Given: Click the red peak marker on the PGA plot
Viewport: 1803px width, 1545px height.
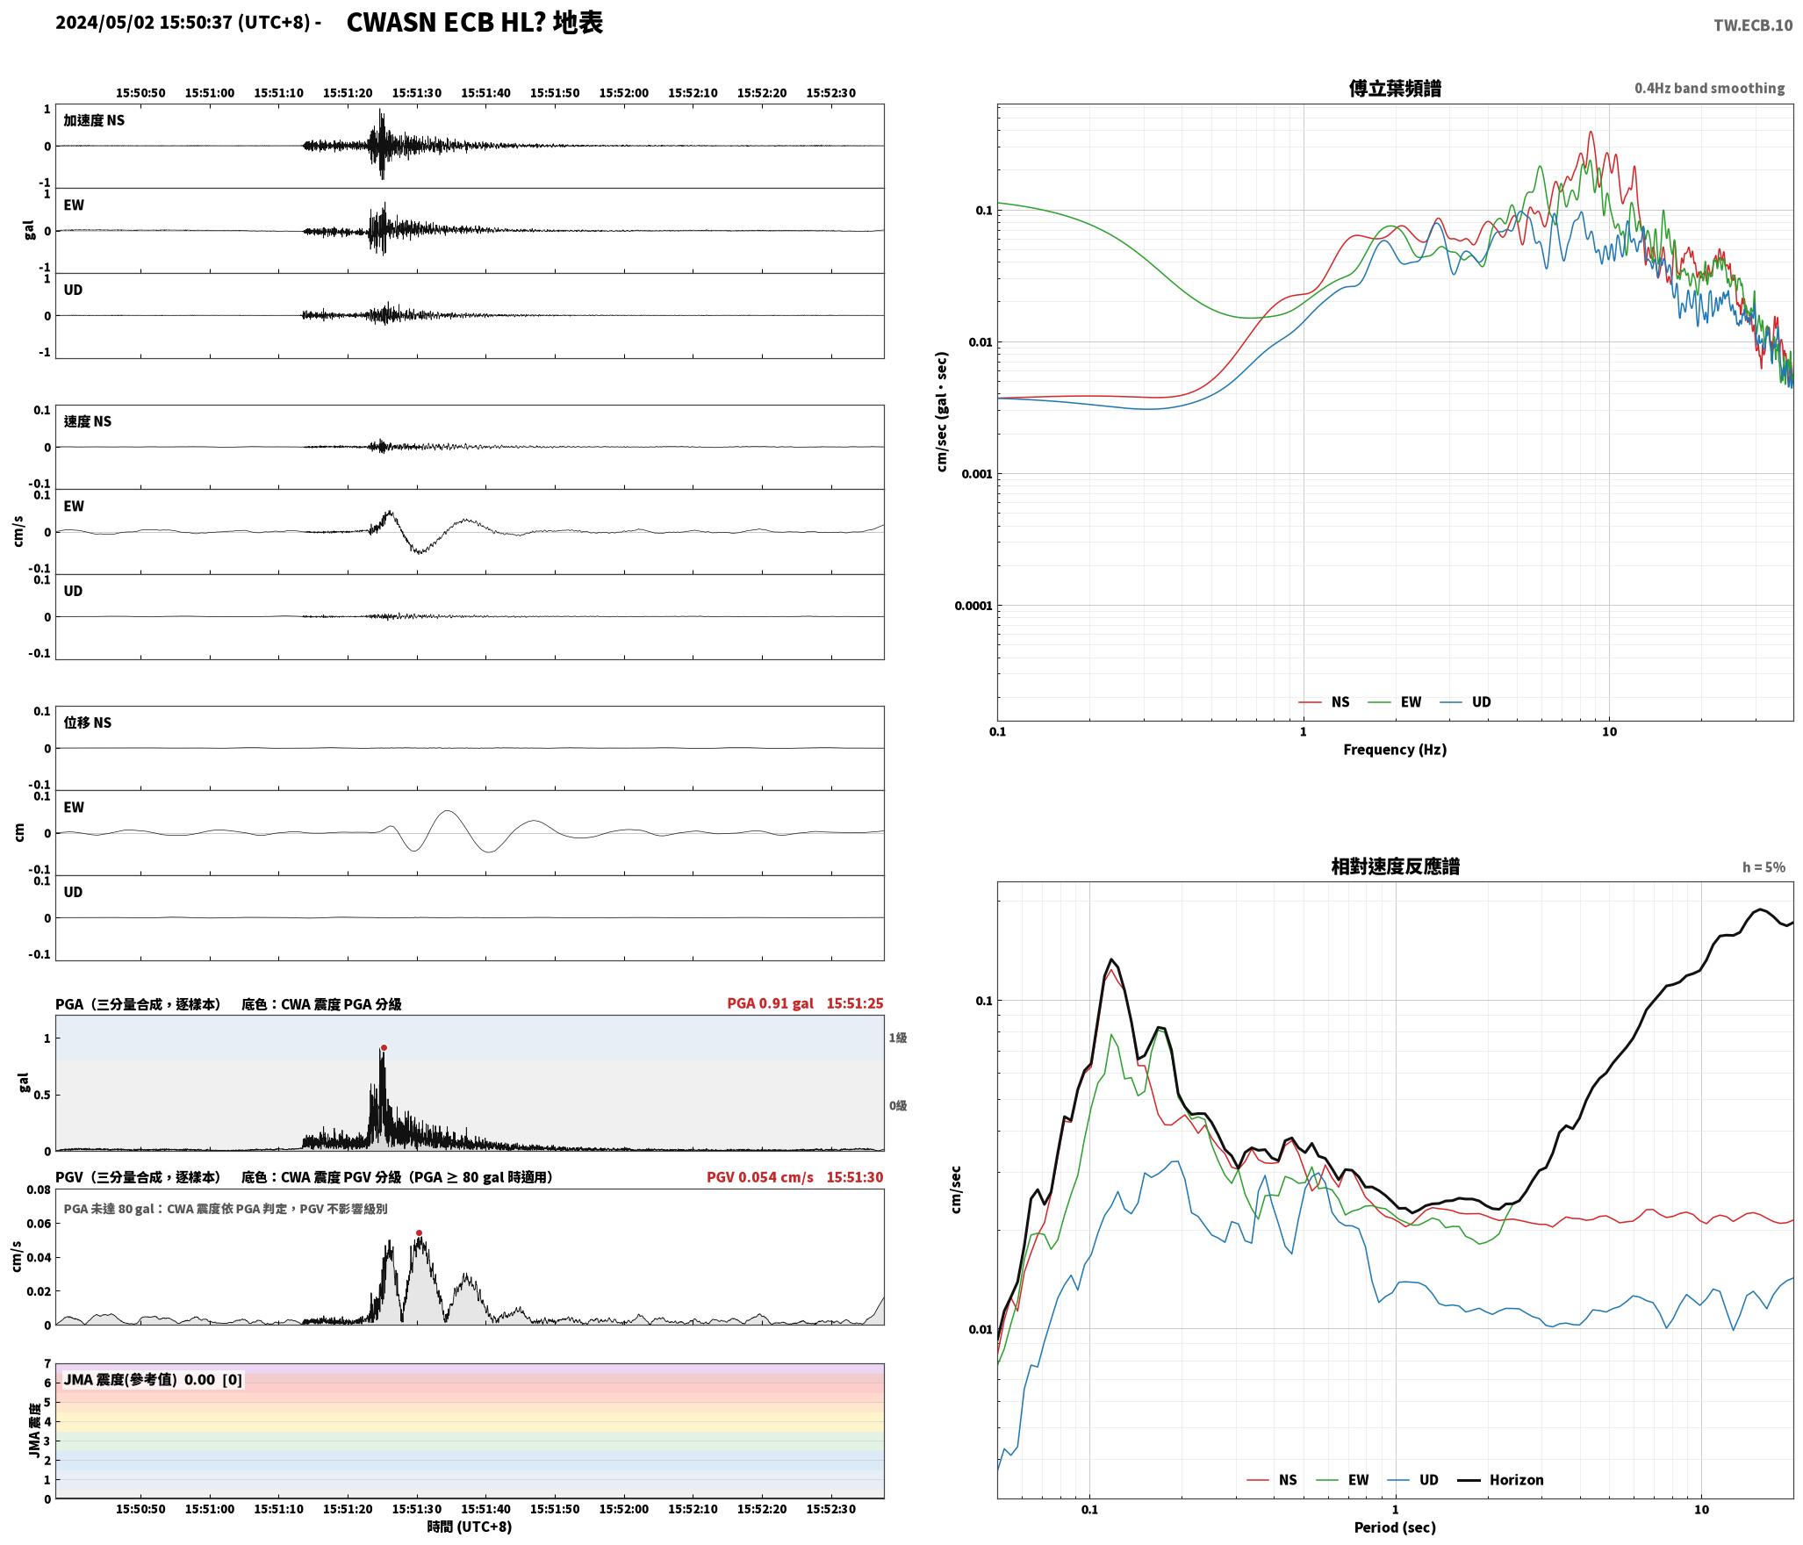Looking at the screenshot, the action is pyautogui.click(x=384, y=1047).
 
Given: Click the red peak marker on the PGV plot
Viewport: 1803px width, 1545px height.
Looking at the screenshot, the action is pyautogui.click(x=419, y=1233).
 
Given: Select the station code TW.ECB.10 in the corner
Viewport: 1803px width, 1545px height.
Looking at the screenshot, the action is pyautogui.click(x=1753, y=25).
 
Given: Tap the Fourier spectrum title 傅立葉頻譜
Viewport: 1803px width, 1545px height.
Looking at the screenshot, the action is pyautogui.click(x=1395, y=88).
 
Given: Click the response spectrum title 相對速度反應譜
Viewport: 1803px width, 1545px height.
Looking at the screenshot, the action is pyautogui.click(x=1395, y=866).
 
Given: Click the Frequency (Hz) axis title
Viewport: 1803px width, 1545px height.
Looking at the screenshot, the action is pyautogui.click(x=1395, y=750).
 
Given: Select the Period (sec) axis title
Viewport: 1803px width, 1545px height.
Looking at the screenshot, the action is pyautogui.click(x=1395, y=1527).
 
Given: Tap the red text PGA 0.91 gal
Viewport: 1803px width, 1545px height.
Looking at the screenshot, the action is pyautogui.click(x=770, y=1003).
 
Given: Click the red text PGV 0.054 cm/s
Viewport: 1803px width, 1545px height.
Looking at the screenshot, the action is pyautogui.click(x=760, y=1177).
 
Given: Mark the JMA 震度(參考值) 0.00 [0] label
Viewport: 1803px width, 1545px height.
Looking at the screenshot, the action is pyautogui.click(x=153, y=1380).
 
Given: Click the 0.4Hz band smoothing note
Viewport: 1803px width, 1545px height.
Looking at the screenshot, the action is pyautogui.click(x=1709, y=89).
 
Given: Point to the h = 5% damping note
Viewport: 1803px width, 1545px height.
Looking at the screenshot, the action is pyautogui.click(x=1763, y=867).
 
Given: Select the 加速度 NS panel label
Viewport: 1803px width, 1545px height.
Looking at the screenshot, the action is pyautogui.click(x=94, y=120).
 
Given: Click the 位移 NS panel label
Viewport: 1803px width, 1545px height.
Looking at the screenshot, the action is pyautogui.click(x=88, y=722).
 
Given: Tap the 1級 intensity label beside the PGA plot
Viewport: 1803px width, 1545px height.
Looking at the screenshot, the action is pyautogui.click(x=898, y=1038).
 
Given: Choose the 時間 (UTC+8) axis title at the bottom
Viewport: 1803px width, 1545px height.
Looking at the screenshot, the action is pyautogui.click(x=470, y=1527).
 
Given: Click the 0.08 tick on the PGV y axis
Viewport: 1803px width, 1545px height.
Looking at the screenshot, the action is pyautogui.click(x=39, y=1190).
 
